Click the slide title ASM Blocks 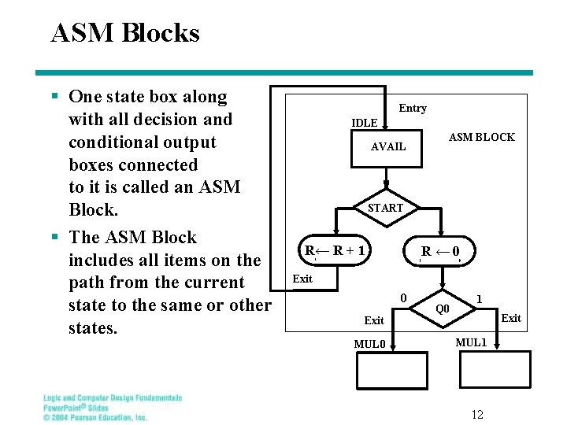point(124,33)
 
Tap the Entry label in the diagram point(413,109)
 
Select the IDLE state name point(364,124)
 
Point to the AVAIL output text point(388,146)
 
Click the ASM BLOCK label point(481,137)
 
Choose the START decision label point(386,209)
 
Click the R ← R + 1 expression point(335,251)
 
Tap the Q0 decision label point(443,309)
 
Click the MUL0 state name point(369,344)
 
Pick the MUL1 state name point(472,343)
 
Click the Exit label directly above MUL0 point(374,320)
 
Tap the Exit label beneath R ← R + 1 point(302,279)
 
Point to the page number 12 point(477,414)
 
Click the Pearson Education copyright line point(95,417)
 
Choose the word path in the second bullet point(87,283)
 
